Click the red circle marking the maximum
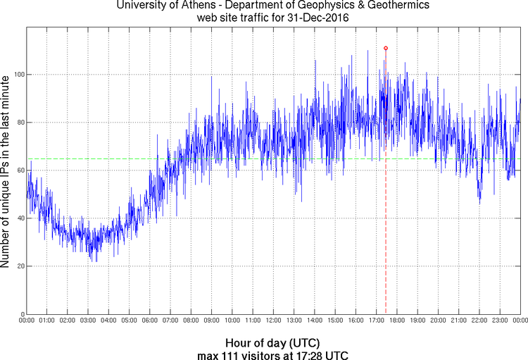coord(386,48)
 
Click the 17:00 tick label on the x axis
coord(376,321)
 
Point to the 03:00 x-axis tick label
coord(88,321)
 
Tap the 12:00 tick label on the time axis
coord(273,321)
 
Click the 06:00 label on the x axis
coord(150,321)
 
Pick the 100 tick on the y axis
coord(17,75)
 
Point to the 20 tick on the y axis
coord(19,266)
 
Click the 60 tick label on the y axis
coord(19,170)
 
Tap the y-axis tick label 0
coord(21,314)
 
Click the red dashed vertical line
coord(386,211)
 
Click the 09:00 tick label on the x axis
coord(211,321)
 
